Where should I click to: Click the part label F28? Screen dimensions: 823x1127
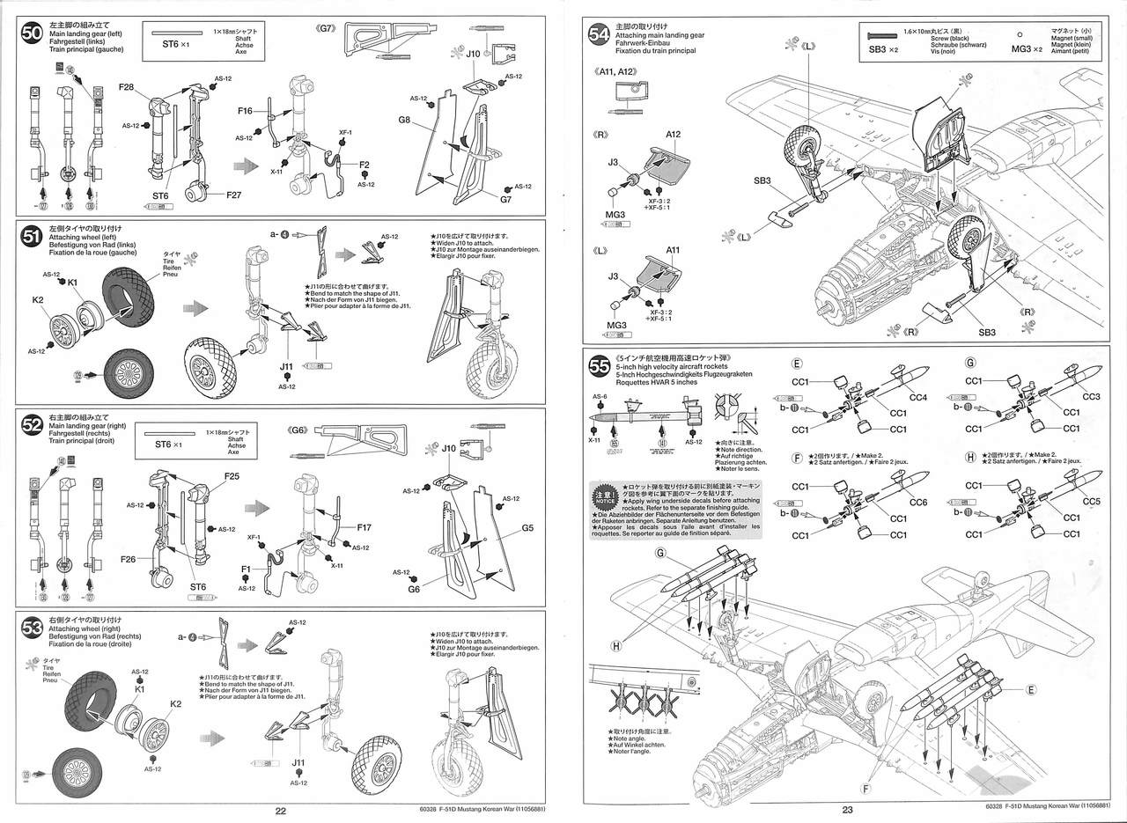(x=126, y=87)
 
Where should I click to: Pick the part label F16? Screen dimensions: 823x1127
(x=245, y=112)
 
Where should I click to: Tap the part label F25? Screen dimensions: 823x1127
(x=232, y=476)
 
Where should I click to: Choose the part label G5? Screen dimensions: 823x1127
(x=528, y=528)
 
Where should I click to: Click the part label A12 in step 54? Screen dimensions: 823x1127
(x=674, y=135)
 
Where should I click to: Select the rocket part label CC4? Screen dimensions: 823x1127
(x=919, y=397)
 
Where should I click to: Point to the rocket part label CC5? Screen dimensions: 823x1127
(x=1093, y=502)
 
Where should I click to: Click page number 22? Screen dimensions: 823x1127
(x=281, y=811)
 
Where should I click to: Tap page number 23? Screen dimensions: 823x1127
(x=848, y=811)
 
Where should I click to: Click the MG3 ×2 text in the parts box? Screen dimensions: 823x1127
(x=1027, y=49)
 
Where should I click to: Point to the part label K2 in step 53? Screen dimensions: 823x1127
(x=175, y=703)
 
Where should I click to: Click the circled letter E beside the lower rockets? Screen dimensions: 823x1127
(x=1031, y=689)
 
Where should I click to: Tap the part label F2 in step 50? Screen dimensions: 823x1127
(x=364, y=165)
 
